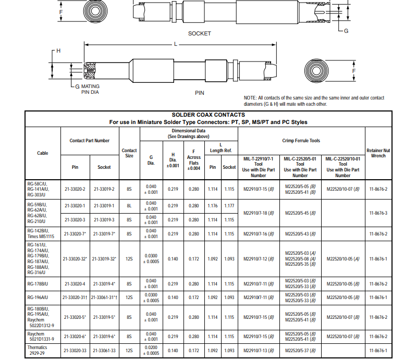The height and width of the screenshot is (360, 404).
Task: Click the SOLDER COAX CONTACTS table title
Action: click(x=208, y=115)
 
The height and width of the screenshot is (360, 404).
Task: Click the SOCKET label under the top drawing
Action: click(x=200, y=33)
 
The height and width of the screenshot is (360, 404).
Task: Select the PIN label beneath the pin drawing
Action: click(x=199, y=93)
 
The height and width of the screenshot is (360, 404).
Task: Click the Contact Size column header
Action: click(x=129, y=153)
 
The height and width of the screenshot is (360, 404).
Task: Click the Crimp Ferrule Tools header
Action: click(x=301, y=141)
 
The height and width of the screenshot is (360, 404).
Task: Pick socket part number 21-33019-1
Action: click(x=104, y=206)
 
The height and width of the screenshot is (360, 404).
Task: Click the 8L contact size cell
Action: click(x=129, y=206)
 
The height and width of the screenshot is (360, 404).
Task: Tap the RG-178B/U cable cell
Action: click(x=38, y=284)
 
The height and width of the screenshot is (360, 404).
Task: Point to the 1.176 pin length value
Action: click(x=213, y=206)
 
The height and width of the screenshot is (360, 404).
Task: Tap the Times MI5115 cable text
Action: click(x=40, y=237)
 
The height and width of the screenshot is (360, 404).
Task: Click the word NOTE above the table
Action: click(x=250, y=98)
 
